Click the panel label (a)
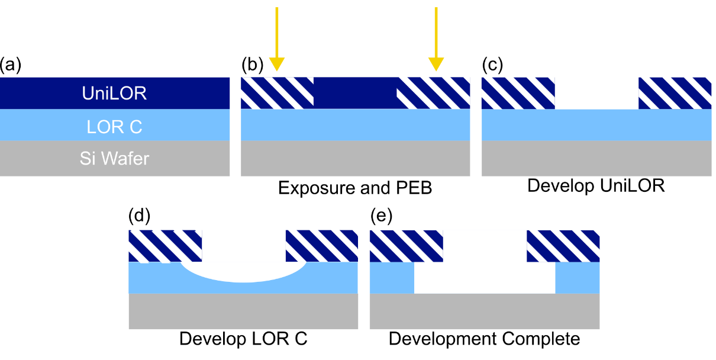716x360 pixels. tap(11, 65)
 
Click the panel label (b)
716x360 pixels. tap(252, 65)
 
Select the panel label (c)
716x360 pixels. tap(493, 65)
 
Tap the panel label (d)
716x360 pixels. tap(140, 217)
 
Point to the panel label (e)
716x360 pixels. tap(381, 217)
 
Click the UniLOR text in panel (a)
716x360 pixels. tap(115, 93)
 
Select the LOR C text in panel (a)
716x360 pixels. tap(115, 126)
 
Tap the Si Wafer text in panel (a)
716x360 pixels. tap(115, 158)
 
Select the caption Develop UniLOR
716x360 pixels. tap(596, 186)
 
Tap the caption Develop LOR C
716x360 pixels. tap(243, 339)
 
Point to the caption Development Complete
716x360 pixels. tap(485, 339)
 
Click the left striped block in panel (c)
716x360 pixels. tap(518, 94)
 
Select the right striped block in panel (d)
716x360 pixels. tap(322, 246)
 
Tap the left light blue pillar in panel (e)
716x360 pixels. tap(392, 278)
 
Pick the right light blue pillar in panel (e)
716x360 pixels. tap(578, 278)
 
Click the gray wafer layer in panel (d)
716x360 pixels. tap(243, 311)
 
